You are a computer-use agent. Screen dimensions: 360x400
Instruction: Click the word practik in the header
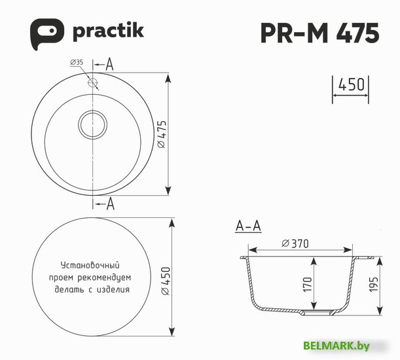pyautogui.click(x=107, y=31)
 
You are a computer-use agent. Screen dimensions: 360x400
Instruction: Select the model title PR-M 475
pyautogui.click(x=319, y=32)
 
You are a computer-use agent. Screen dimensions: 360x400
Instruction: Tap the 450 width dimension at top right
pyautogui.click(x=351, y=86)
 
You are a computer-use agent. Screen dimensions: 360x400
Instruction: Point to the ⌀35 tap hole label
pyautogui.click(x=77, y=63)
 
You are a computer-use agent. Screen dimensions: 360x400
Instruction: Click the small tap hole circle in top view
pyautogui.click(x=92, y=83)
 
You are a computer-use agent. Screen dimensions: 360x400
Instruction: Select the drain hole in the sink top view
pyautogui.click(x=92, y=123)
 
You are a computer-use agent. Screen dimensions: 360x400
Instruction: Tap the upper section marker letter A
pyautogui.click(x=109, y=64)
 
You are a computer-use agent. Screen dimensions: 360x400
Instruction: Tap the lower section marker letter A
pyautogui.click(x=109, y=204)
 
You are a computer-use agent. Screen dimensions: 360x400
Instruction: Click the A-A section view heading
pyautogui.click(x=248, y=226)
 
